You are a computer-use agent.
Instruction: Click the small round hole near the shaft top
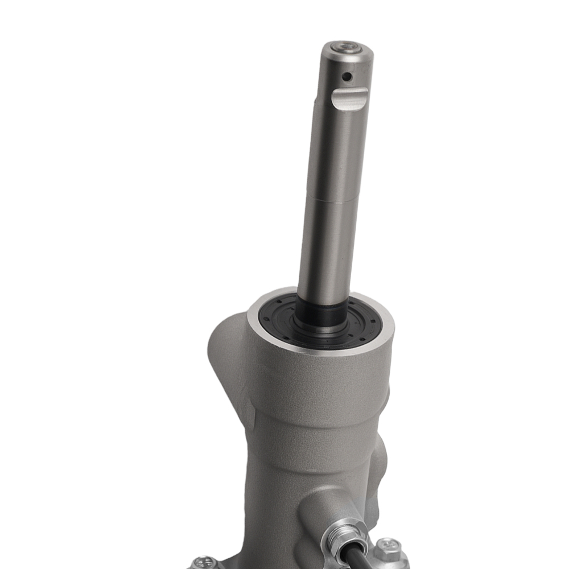pyautogui.click(x=345, y=76)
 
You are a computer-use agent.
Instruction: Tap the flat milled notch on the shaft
pyautogui.click(x=348, y=99)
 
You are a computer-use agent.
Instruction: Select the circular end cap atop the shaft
pyautogui.click(x=347, y=48)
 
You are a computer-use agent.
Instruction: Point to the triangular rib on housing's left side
pyautogui.click(x=228, y=364)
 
